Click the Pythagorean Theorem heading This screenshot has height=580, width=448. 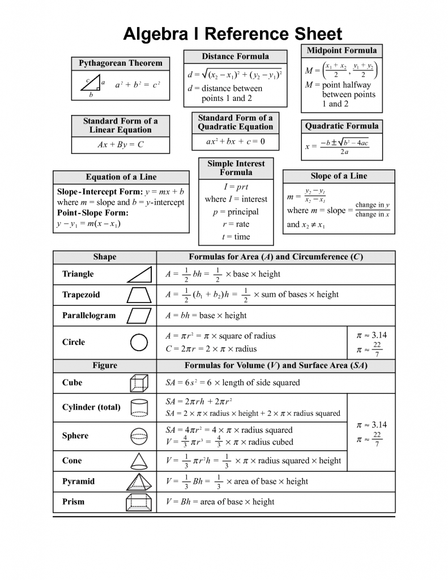click(x=120, y=63)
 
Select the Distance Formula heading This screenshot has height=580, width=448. click(x=236, y=56)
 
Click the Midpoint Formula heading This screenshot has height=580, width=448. click(x=342, y=50)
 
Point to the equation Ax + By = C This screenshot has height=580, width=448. click(x=121, y=144)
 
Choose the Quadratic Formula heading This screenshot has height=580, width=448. click(x=342, y=126)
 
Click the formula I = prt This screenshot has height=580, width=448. click(x=236, y=186)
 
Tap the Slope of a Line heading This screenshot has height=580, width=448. click(x=339, y=176)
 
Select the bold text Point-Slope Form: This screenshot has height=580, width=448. click(x=93, y=213)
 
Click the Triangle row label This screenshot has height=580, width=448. click(x=78, y=274)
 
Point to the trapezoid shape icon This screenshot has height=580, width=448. click(x=139, y=295)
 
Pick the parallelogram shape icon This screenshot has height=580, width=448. click(x=139, y=315)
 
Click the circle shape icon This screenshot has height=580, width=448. click(x=139, y=342)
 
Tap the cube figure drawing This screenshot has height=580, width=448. click(x=139, y=383)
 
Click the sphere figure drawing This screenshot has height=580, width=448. click(x=139, y=436)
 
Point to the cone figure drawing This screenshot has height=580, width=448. click(x=139, y=460)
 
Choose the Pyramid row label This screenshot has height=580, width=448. click(x=79, y=481)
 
